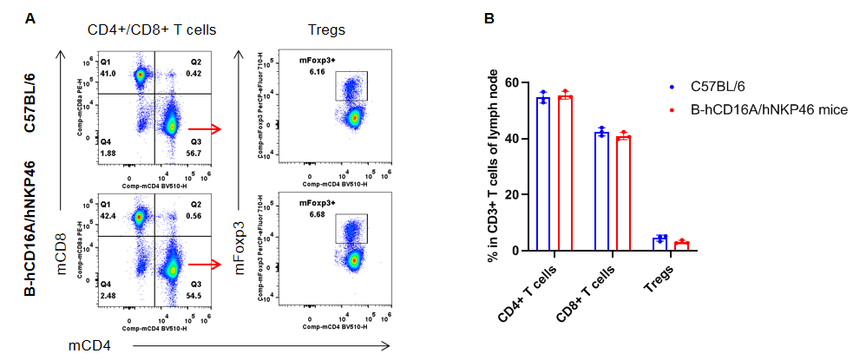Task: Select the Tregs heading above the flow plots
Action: point(326,30)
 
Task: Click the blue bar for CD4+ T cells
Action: point(543,174)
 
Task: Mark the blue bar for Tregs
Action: point(660,245)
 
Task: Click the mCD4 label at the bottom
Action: point(89,346)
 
